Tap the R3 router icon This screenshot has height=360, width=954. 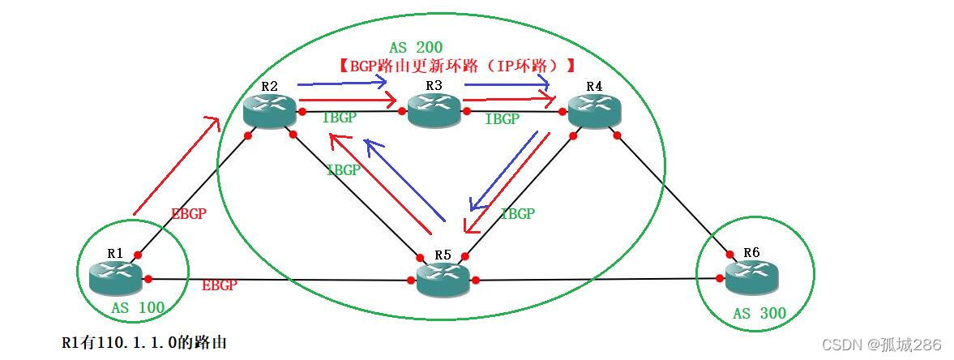pos(434,109)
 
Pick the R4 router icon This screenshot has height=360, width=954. pos(595,109)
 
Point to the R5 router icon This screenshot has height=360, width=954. pos(443,280)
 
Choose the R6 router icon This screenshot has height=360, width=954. pos(751,278)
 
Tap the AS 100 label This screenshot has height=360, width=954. pos(138,307)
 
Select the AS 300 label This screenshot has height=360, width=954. pos(759,313)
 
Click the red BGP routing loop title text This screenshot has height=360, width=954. pos(457,66)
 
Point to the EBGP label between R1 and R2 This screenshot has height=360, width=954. pos(188,214)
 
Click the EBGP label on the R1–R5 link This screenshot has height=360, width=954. pos(219,285)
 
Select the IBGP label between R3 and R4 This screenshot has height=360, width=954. pos(502,119)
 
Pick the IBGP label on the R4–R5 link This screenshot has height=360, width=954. pos(517,214)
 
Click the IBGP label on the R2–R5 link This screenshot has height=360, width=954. pos(343,170)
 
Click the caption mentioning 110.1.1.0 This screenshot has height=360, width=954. pos(144,342)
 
